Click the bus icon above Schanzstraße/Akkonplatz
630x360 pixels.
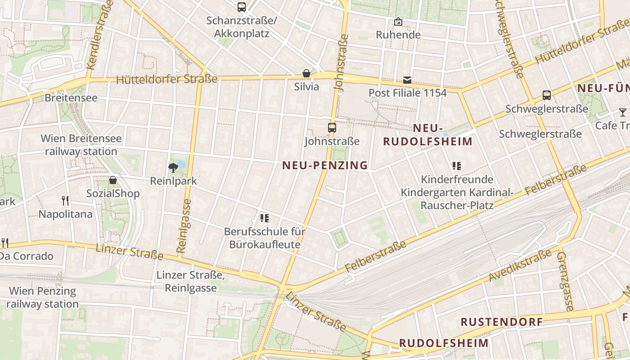[x=242, y=7]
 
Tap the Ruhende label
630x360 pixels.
[x=398, y=35]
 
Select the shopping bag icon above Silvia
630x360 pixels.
[x=306, y=73]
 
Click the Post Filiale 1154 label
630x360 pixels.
[x=408, y=93]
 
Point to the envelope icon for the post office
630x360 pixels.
[x=407, y=80]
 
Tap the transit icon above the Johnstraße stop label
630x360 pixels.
[x=332, y=128]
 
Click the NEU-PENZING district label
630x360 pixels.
[x=325, y=166]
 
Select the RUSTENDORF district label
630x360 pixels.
[x=502, y=322]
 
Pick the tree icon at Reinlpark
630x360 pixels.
[x=173, y=168]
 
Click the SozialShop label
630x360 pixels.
[x=113, y=194]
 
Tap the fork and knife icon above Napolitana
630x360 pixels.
[x=66, y=200]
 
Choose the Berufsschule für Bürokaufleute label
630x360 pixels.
[x=265, y=238]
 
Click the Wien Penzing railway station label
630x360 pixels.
[x=43, y=297]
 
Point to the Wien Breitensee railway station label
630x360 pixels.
[x=81, y=145]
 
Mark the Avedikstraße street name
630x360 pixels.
[x=520, y=265]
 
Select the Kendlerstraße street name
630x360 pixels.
[x=99, y=34]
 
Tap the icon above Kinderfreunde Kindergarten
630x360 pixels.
[x=457, y=166]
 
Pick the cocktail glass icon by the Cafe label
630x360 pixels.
[x=622, y=112]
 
